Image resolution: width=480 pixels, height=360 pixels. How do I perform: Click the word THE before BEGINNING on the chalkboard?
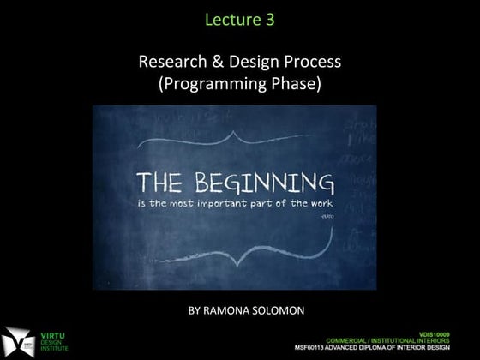coord(163,183)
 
